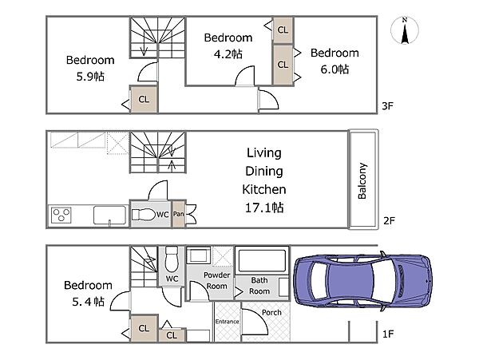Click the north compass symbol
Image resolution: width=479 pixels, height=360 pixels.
click(x=405, y=30)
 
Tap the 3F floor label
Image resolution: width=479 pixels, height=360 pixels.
click(x=387, y=106)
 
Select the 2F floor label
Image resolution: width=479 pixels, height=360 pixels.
click(x=389, y=220)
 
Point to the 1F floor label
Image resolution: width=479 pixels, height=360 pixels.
click(x=388, y=334)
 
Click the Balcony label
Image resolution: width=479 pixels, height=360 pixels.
click(x=362, y=181)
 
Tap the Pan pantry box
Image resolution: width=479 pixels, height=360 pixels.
click(x=178, y=214)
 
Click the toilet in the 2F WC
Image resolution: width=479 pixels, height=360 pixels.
click(x=144, y=215)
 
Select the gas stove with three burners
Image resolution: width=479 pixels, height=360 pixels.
click(x=61, y=215)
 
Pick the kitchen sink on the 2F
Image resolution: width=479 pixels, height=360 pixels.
click(x=109, y=216)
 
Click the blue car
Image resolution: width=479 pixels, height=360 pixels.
click(x=362, y=281)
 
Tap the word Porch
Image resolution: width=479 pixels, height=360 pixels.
click(x=271, y=312)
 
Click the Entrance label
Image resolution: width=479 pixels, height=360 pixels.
click(x=227, y=322)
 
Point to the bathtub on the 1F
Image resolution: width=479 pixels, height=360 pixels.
click(x=262, y=260)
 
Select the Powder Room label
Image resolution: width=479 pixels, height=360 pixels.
click(x=216, y=281)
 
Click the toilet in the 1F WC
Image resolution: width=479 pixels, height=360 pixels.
click(x=172, y=259)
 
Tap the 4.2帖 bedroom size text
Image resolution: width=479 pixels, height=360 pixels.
click(x=228, y=54)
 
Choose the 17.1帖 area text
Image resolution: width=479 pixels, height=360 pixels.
click(x=264, y=208)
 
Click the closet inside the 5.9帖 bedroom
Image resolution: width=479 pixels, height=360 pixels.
click(x=144, y=99)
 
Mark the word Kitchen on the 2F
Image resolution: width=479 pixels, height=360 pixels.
click(x=264, y=189)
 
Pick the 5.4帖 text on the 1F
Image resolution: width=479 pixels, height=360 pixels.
click(x=89, y=302)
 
